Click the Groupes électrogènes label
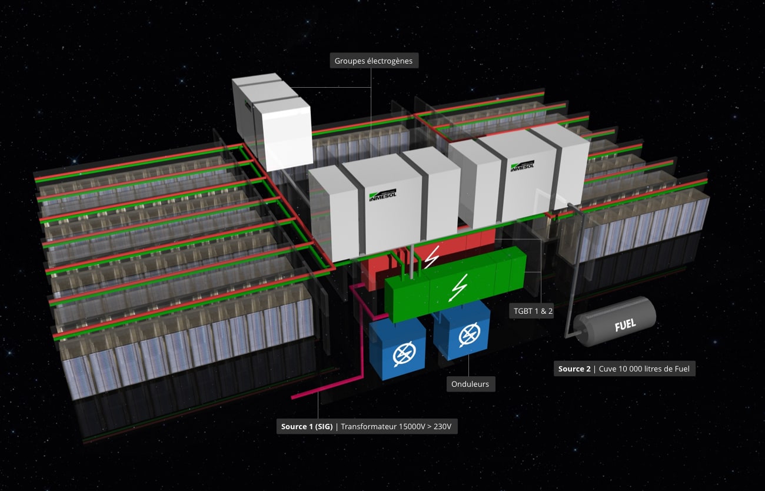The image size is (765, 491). coord(374,61)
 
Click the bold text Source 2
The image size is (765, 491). coord(574,369)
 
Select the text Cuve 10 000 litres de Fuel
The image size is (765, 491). coord(644,369)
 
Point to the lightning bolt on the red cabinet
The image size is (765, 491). coord(433,257)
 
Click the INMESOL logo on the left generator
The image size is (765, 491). coord(382,195)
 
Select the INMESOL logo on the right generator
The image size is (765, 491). coord(523,166)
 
